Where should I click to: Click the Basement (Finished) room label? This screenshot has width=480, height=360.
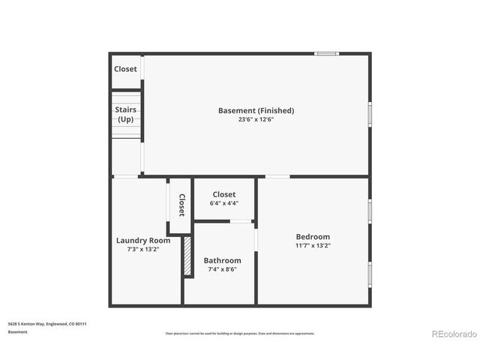point(256,110)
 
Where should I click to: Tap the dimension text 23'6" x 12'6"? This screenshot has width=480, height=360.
point(256,119)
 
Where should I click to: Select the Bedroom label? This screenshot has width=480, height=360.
point(313,236)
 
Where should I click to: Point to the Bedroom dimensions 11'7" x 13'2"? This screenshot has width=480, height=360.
point(313,245)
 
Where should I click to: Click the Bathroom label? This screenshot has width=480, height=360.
point(222,260)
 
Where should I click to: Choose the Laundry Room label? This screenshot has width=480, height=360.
point(142,241)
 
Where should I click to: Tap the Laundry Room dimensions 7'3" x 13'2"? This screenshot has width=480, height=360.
point(142,250)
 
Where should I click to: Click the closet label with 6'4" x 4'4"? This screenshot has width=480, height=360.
point(223,194)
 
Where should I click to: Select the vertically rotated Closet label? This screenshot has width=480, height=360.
point(181,205)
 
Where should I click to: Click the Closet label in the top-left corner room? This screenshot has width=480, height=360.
point(125,69)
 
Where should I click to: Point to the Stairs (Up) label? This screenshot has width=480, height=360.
point(125,114)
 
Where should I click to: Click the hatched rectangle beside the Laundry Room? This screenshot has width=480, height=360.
point(188,257)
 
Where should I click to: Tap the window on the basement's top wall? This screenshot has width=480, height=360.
point(326,53)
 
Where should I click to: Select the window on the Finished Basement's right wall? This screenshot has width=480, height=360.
point(370,113)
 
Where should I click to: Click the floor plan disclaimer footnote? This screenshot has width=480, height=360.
point(240,333)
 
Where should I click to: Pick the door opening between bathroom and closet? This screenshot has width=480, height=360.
point(241,221)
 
